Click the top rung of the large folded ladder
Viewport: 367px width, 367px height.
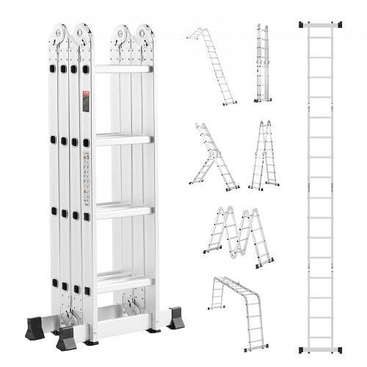click(123, 69)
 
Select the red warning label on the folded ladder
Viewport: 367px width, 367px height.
click(86, 101)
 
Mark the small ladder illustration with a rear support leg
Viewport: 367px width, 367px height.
click(213, 156)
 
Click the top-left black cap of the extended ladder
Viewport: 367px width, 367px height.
click(302, 25)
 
